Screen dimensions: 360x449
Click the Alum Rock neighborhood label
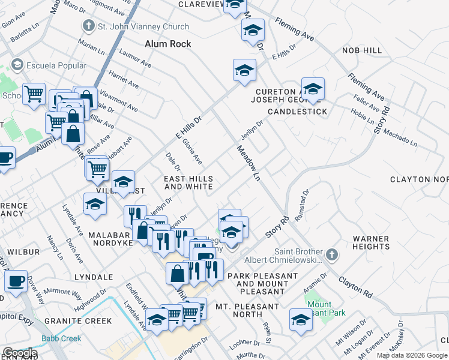tap(168, 44)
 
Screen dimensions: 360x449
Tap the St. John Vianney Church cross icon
tap(88, 26)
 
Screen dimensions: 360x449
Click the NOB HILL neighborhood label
tap(362, 51)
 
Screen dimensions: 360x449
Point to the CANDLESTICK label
tap(297, 112)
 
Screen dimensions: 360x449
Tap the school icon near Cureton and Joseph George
tap(313, 90)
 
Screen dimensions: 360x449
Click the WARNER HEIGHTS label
tap(371, 242)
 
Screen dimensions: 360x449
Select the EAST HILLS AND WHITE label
tap(188, 183)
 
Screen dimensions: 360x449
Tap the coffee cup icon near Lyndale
tap(16, 281)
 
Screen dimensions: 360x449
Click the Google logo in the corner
tap(19, 353)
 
